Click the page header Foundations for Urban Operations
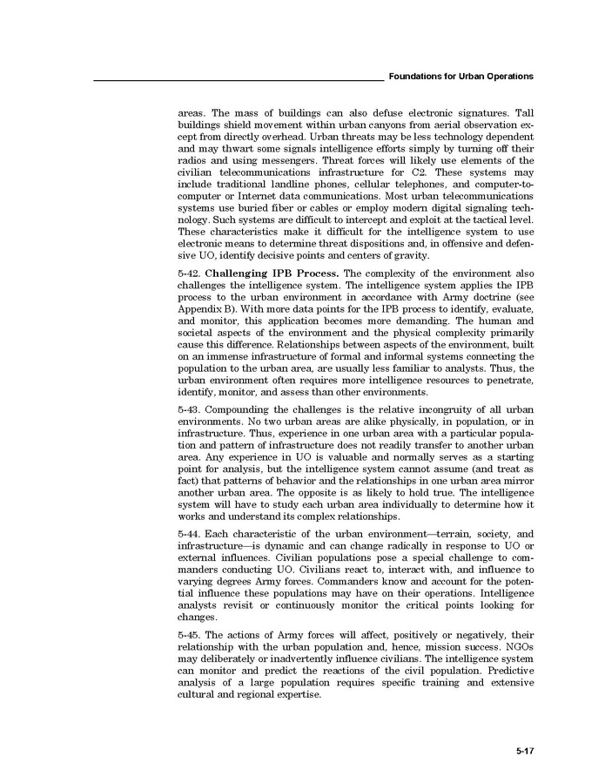[x=461, y=77]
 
